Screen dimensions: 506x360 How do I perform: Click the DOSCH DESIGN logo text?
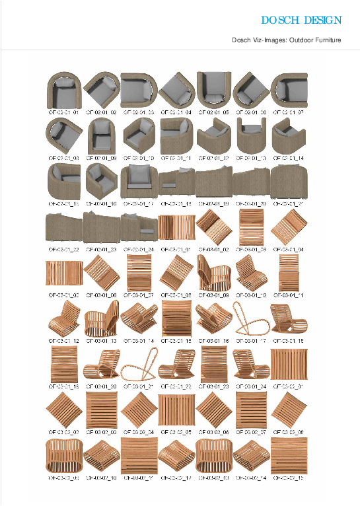[x=301, y=20]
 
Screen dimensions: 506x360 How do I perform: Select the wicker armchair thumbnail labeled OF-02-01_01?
[x=64, y=90]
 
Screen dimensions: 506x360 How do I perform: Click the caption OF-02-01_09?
[x=101, y=159]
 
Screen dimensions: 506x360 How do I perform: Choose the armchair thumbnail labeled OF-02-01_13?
[x=250, y=135]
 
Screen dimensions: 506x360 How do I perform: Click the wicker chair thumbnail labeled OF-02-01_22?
[x=64, y=227]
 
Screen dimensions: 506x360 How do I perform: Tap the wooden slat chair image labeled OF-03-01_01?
[x=176, y=227]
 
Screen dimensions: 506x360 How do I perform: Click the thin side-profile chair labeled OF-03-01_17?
[x=250, y=318]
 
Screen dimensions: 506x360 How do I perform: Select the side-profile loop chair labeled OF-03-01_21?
[x=138, y=363]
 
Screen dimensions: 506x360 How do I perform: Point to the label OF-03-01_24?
[x=250, y=386]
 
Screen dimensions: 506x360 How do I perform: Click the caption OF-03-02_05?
[x=176, y=431]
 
